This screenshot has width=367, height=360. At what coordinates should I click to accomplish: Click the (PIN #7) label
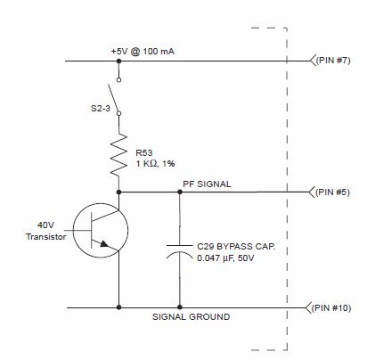click(x=333, y=61)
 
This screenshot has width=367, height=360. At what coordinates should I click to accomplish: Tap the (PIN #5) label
click(x=332, y=192)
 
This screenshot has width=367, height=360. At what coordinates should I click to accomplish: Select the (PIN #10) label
click(x=331, y=307)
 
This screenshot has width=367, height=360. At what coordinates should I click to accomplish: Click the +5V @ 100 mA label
click(x=143, y=52)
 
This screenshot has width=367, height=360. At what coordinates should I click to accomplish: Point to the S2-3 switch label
click(x=101, y=108)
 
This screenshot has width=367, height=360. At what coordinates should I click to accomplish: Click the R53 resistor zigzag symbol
click(x=118, y=155)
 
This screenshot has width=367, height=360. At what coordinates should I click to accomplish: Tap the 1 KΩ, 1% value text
click(x=155, y=164)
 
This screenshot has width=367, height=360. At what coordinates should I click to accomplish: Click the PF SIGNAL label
click(x=207, y=184)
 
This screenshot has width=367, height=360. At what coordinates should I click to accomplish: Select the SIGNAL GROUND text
click(x=191, y=316)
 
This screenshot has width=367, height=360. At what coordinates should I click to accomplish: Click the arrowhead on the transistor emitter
click(x=104, y=244)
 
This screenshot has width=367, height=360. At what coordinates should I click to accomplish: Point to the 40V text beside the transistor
click(x=45, y=225)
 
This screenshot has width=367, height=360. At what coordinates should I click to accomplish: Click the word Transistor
click(x=45, y=237)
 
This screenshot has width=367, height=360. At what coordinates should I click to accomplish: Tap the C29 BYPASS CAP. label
click(x=236, y=247)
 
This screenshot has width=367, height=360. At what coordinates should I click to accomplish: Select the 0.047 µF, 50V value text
click(x=225, y=258)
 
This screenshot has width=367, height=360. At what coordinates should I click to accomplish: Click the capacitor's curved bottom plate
click(x=180, y=253)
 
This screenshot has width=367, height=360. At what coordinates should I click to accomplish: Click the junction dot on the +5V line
click(x=118, y=61)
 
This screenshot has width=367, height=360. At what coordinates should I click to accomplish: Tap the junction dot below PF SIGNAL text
click(x=180, y=192)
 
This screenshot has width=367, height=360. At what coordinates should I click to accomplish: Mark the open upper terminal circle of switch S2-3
click(x=118, y=79)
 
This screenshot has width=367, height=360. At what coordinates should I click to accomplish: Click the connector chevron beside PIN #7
click(x=312, y=61)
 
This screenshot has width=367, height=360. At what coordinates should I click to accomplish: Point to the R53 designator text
click(x=144, y=153)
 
